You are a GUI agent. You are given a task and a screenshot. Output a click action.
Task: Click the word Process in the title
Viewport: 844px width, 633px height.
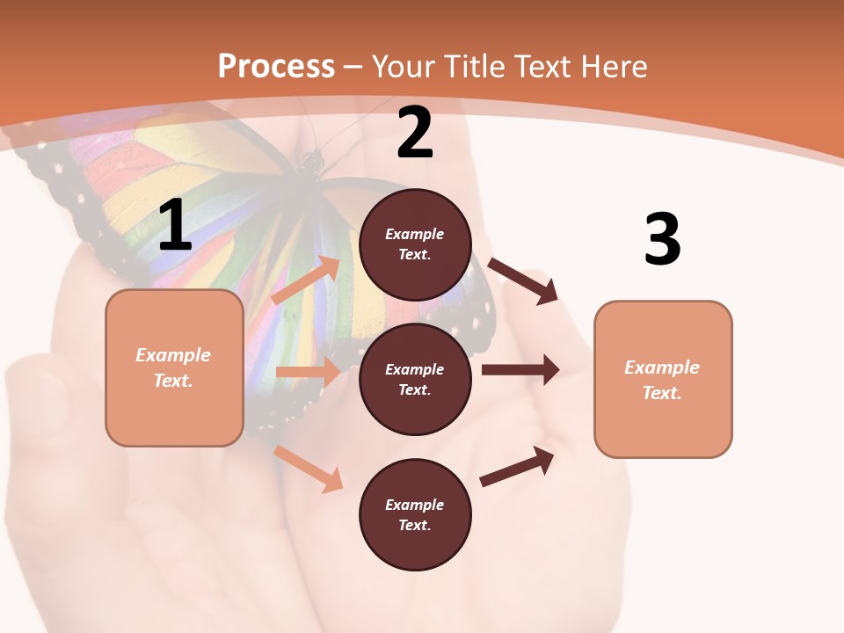[276, 66]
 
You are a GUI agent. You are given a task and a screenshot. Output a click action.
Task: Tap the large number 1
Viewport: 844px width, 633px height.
[175, 226]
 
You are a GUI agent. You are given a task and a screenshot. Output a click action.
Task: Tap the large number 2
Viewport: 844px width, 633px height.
[415, 133]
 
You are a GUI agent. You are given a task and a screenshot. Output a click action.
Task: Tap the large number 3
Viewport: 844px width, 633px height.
[662, 239]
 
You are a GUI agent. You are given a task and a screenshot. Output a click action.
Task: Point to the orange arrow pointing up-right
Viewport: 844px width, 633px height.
[307, 280]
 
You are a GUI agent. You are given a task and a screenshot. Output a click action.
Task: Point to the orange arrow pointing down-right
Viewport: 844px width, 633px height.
[309, 469]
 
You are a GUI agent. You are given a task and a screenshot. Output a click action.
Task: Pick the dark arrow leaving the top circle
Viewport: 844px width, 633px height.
[524, 281]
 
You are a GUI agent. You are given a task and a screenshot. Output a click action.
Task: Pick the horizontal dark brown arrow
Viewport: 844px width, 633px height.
[520, 369]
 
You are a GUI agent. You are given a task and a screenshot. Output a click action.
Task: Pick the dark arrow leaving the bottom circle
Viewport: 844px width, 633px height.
[518, 466]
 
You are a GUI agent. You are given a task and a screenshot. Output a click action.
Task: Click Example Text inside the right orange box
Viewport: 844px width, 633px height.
[662, 380]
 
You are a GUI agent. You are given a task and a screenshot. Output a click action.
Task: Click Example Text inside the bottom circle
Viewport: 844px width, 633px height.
[415, 515]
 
